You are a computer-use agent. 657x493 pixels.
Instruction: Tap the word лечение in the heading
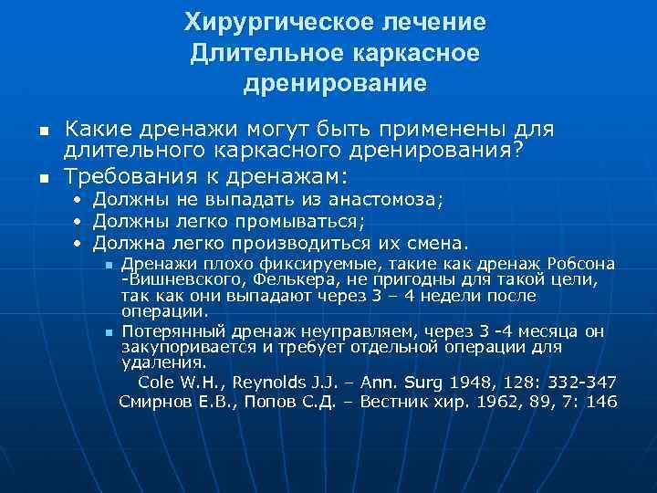click(433, 21)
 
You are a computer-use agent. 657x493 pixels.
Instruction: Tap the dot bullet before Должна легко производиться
click(78, 243)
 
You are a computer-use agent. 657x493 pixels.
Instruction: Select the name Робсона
click(586, 265)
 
